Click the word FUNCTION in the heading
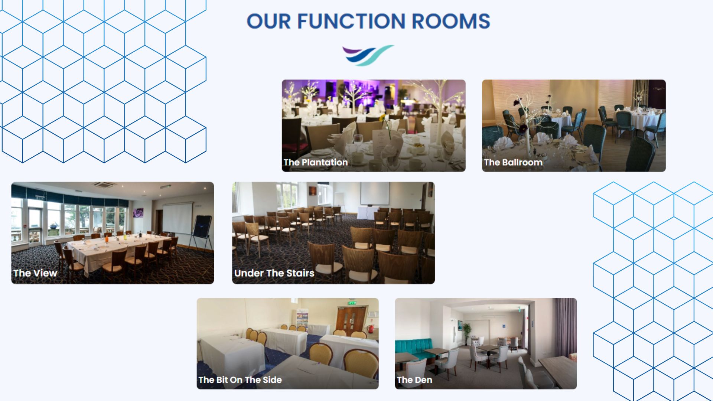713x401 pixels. [351, 21]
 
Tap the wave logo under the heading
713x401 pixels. [368, 55]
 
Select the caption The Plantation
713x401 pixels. [316, 162]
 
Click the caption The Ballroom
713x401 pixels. [513, 162]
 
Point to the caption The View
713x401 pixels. [35, 273]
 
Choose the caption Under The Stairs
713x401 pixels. [274, 273]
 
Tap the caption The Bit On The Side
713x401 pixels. [240, 380]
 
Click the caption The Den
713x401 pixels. [414, 380]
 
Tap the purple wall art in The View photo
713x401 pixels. [138, 213]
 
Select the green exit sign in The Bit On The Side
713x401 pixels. [352, 303]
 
